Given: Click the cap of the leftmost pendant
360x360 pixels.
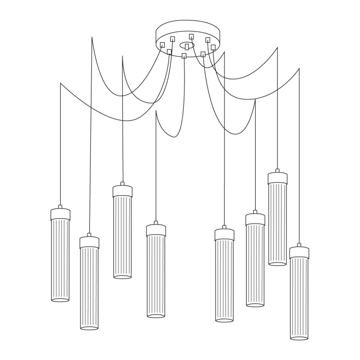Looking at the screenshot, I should [60, 214].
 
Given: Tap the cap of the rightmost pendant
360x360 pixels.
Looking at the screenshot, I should [299, 253].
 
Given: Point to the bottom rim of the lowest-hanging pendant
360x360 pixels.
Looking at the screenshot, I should [299, 338].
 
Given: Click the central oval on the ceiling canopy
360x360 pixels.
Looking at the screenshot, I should [187, 44].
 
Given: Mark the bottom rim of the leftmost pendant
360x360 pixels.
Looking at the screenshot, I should [60, 299].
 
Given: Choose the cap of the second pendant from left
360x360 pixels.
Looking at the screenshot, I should [89, 243].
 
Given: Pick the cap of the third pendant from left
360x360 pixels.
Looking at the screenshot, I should [122, 191].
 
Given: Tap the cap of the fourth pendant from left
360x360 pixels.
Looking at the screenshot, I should [156, 231].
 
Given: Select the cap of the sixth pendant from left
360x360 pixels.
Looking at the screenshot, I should [255, 219].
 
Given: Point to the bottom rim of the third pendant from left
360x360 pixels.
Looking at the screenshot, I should [122, 276].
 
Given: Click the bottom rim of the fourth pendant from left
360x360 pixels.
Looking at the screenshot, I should [156, 316].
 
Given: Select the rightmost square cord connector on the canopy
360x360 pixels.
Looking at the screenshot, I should [213, 47].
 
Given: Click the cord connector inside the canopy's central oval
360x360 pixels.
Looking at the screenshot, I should [187, 46].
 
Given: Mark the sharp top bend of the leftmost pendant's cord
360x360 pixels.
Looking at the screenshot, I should [61, 83].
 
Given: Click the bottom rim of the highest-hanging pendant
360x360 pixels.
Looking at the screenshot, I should [277, 263].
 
